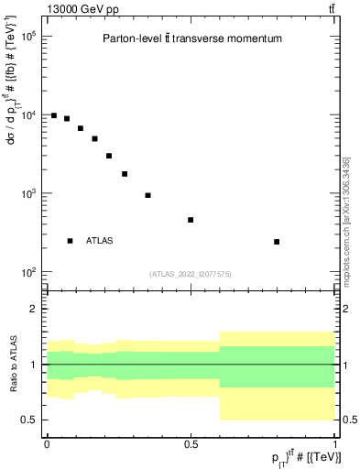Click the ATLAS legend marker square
[70, 240]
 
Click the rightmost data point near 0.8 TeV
[277, 242]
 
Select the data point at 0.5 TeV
[191, 220]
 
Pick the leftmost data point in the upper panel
[54, 115]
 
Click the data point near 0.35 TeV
[147, 195]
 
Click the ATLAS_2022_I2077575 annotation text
[191, 273]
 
